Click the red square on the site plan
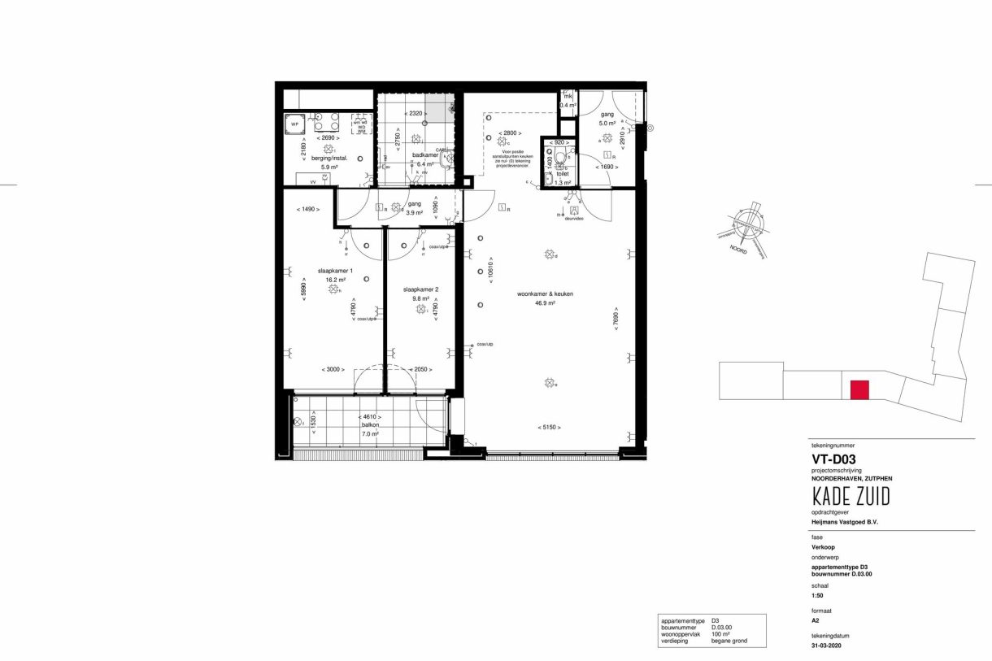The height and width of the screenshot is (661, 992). [x=859, y=390]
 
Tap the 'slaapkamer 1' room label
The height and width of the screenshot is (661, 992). [x=335, y=271]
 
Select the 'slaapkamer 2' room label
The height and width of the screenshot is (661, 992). [x=421, y=289]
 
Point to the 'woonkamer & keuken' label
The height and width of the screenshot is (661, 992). [x=540, y=294]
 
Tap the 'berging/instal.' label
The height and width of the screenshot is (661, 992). [x=329, y=159]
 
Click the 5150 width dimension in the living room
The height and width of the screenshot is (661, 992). [x=550, y=427]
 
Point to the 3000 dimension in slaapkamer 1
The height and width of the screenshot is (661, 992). [x=333, y=369]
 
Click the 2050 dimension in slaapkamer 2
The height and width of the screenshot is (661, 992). [x=420, y=369]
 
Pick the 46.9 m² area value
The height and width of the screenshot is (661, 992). [x=544, y=302]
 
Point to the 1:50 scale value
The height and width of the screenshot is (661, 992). [x=818, y=594]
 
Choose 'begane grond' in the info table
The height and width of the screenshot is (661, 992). [x=729, y=641]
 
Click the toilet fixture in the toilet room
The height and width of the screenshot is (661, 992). [x=559, y=157]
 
